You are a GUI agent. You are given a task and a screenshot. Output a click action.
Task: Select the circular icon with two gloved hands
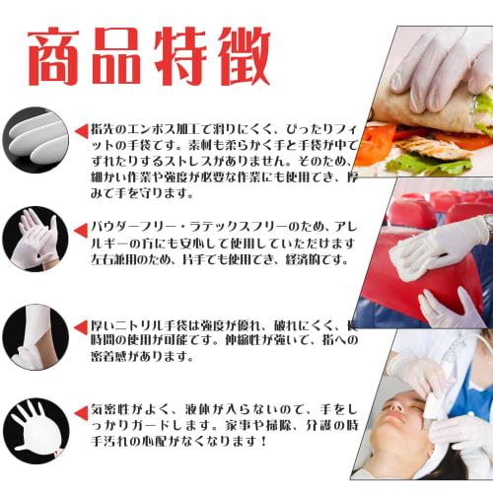(x=32, y=237)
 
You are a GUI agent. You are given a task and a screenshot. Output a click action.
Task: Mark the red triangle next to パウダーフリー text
(x=81, y=227)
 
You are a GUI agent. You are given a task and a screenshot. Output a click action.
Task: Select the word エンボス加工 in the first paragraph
(x=162, y=129)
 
